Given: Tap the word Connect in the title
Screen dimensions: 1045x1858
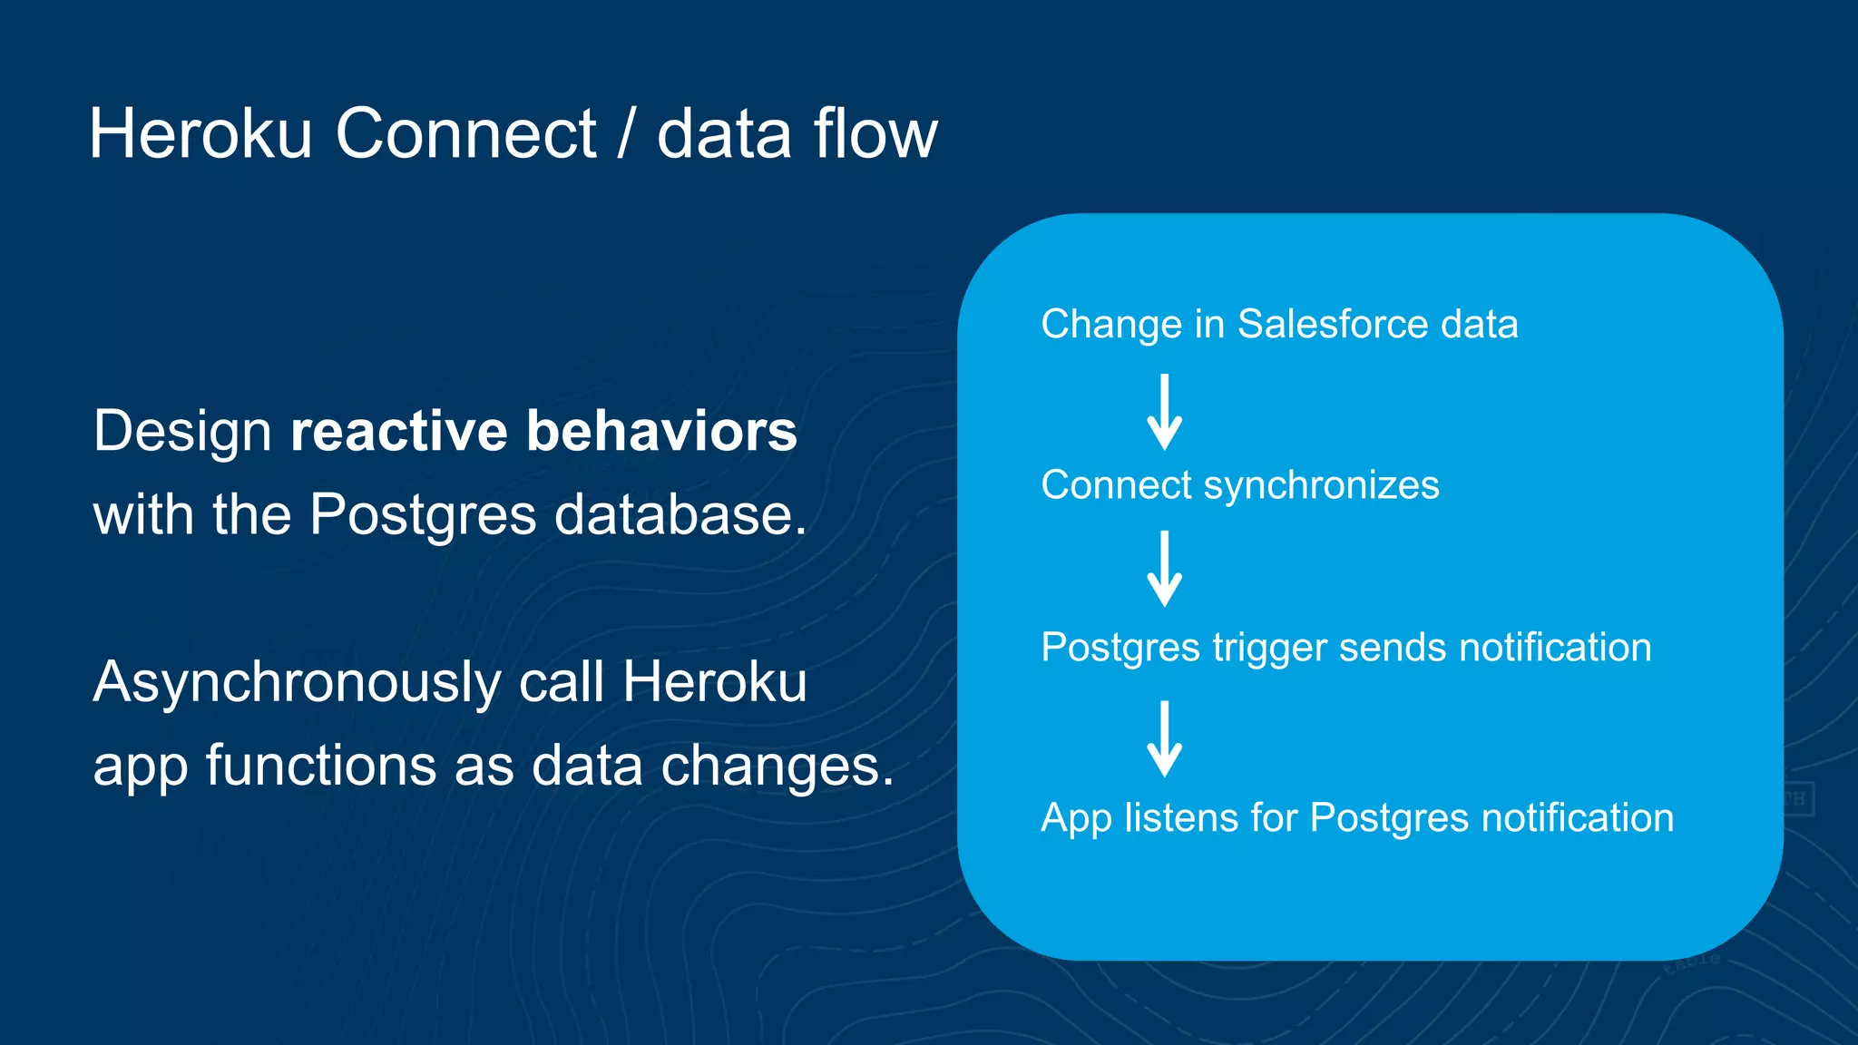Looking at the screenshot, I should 465,134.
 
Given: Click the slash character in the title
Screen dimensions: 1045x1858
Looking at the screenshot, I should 626,134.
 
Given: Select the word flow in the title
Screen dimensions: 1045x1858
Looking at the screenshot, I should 875,134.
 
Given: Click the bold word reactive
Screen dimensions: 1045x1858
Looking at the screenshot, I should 398,431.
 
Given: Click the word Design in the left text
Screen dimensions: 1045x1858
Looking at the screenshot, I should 182,431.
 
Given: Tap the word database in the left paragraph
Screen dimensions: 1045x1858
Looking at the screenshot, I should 680,514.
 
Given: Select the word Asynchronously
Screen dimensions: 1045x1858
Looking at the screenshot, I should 297,682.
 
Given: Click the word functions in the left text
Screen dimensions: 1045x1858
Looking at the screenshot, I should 321,766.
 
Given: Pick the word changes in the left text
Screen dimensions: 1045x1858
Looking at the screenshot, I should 777,766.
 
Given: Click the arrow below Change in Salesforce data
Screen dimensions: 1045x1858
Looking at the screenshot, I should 1164,413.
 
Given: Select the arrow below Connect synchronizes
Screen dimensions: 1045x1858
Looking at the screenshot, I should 1164,570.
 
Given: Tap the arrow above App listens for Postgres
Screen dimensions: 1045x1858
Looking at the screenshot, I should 1164,739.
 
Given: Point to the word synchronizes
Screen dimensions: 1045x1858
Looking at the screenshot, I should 1321,485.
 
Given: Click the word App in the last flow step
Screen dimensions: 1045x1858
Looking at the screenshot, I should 1075,818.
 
